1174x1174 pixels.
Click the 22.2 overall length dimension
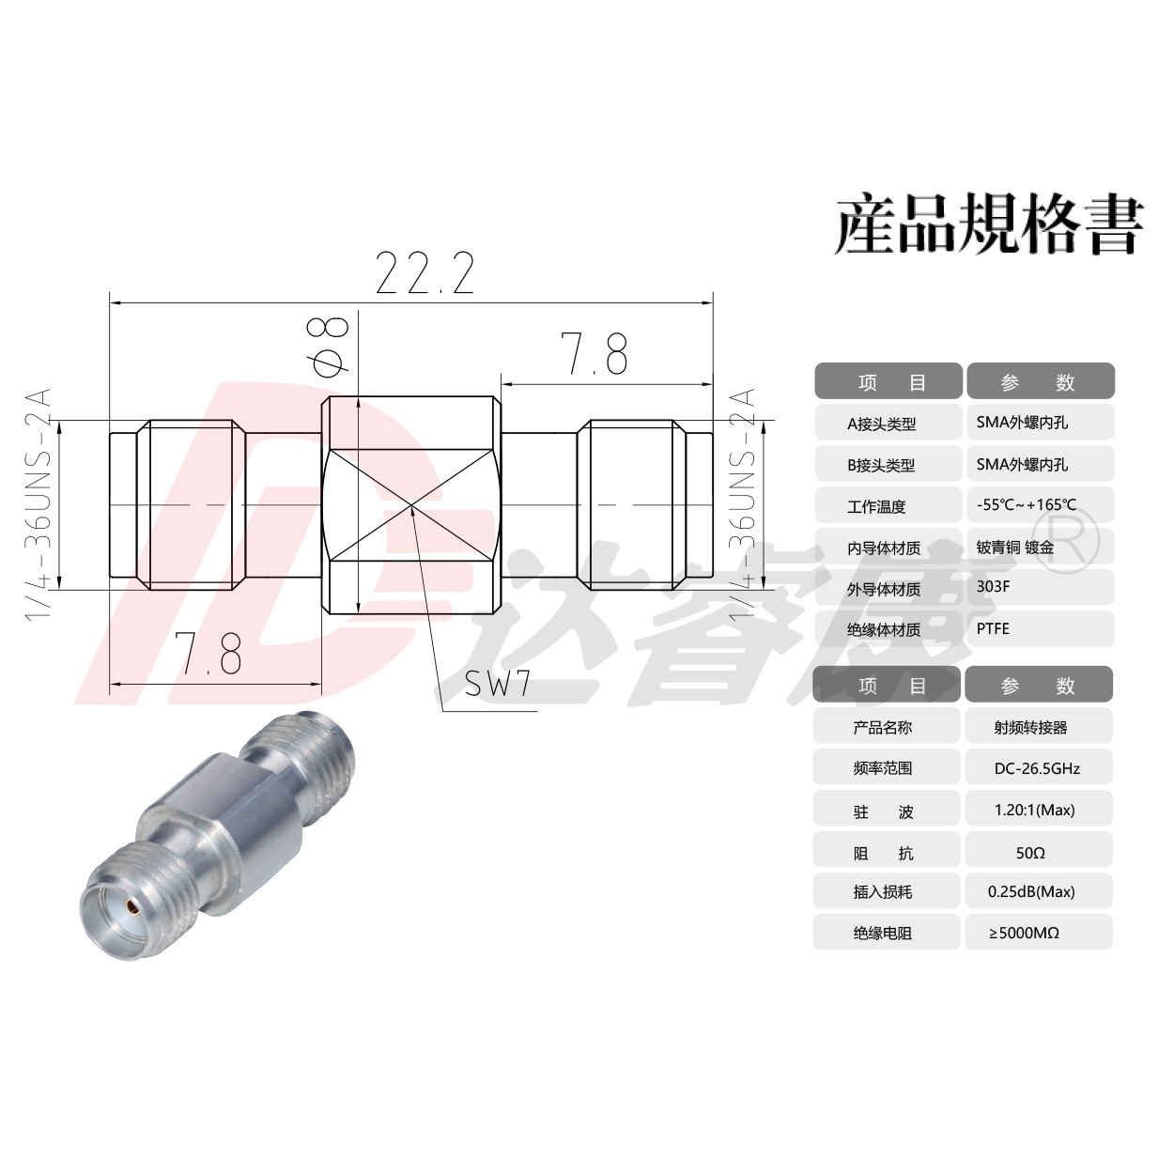click(x=425, y=272)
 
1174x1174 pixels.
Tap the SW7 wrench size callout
click(x=497, y=683)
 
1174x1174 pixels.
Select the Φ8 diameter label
click(x=329, y=346)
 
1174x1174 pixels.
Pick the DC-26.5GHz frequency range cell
click(x=1038, y=767)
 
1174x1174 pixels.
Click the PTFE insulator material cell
click(x=1040, y=628)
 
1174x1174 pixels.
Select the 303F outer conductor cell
click(x=1040, y=587)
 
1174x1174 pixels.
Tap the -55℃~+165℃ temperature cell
click(x=1040, y=504)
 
